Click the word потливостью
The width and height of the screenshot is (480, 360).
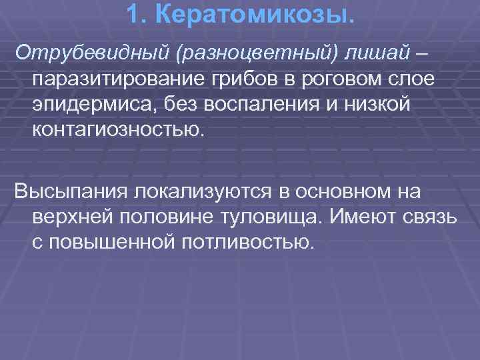[246, 242]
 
